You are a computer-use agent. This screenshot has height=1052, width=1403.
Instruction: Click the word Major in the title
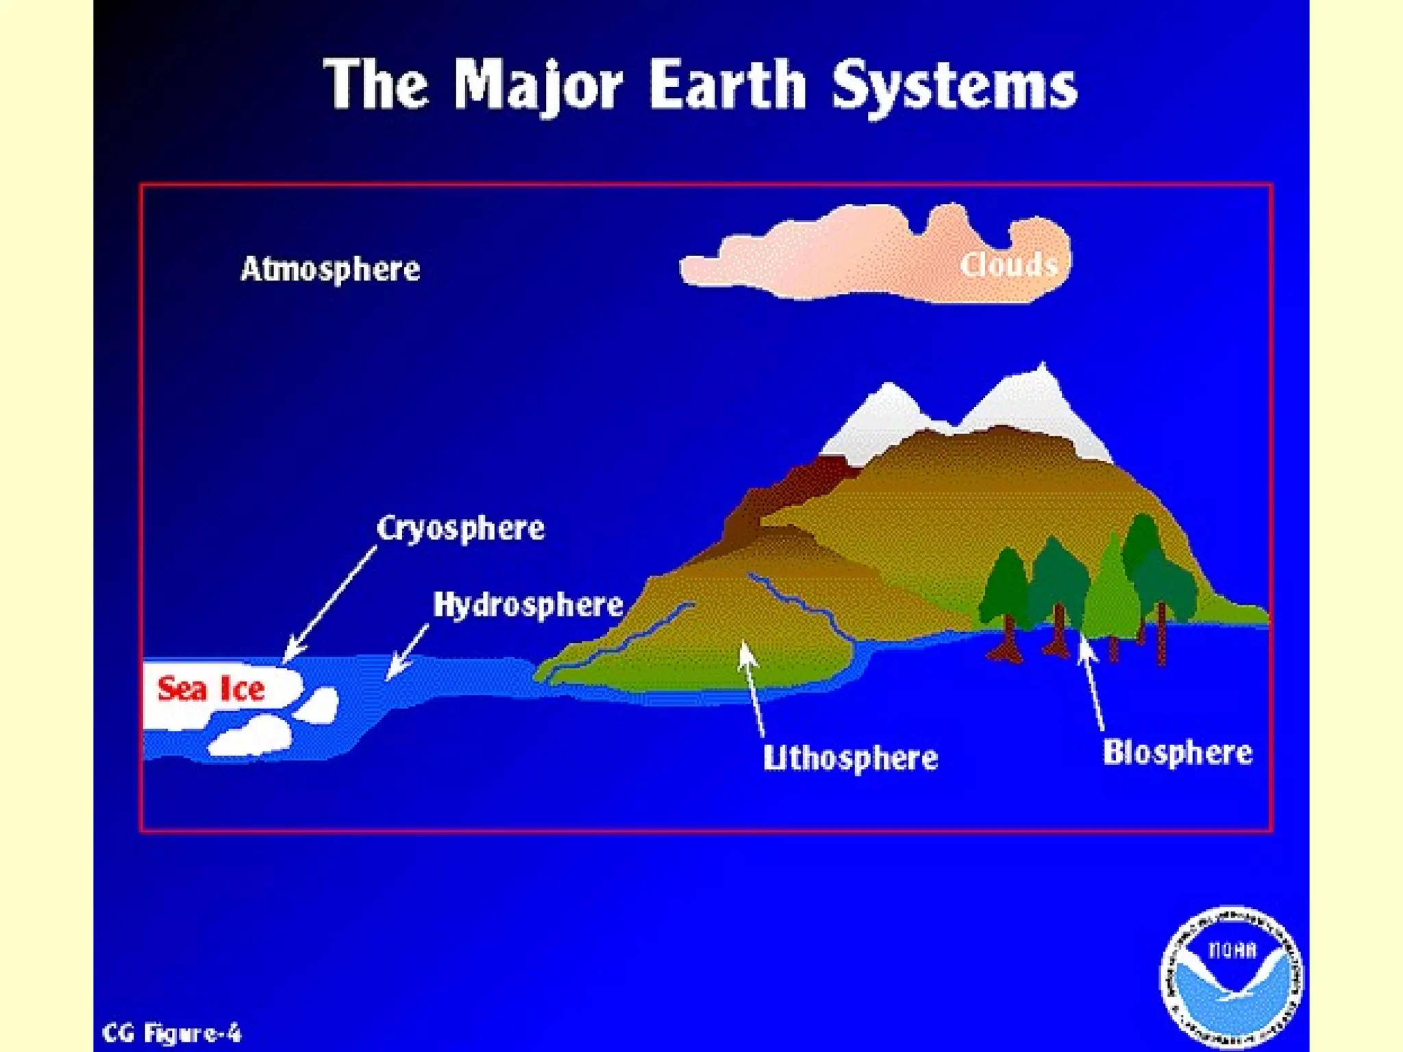[538, 85]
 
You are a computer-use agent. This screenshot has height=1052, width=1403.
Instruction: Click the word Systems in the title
[954, 86]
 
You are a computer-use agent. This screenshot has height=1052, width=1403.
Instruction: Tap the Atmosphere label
[330, 269]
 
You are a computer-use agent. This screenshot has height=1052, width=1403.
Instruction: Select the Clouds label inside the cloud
[1008, 264]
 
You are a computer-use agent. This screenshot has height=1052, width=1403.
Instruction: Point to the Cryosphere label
[460, 528]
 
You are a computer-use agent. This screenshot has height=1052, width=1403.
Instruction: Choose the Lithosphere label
[850, 758]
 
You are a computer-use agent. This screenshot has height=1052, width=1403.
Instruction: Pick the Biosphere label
[1177, 753]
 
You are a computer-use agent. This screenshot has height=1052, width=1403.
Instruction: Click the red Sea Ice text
[211, 689]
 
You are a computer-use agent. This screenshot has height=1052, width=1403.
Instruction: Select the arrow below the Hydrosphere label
[408, 651]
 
